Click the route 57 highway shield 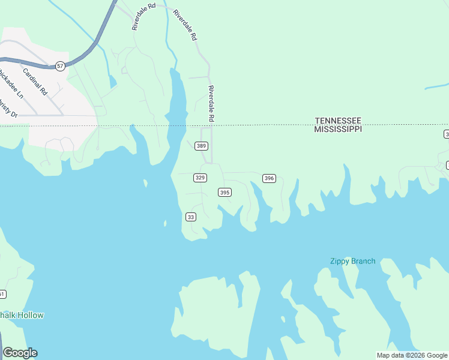click(60, 65)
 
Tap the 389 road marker click(202, 146)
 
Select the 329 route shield click(200, 178)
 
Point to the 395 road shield click(224, 192)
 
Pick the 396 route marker click(269, 178)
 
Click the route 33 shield click(191, 217)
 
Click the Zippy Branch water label click(352, 261)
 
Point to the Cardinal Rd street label click(35, 82)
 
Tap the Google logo click(20, 353)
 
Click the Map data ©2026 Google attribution click(412, 355)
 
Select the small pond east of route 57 click(112, 81)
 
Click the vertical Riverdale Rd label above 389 click(211, 103)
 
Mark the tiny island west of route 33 click(164, 223)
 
